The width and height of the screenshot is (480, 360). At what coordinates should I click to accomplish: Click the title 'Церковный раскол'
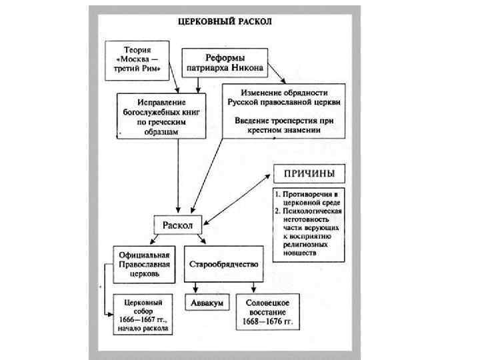(225, 21)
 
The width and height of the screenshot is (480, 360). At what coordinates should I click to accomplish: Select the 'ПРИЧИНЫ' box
(309, 174)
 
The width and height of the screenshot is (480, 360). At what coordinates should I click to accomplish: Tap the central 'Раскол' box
(177, 225)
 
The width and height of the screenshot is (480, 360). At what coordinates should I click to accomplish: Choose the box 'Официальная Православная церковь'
(144, 264)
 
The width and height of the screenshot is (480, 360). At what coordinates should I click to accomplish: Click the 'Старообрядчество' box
(223, 265)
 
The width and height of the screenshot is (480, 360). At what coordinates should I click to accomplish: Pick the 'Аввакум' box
(207, 303)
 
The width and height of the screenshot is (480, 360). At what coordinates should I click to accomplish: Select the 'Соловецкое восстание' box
(267, 311)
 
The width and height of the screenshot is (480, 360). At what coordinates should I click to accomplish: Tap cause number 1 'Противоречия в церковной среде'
(309, 197)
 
